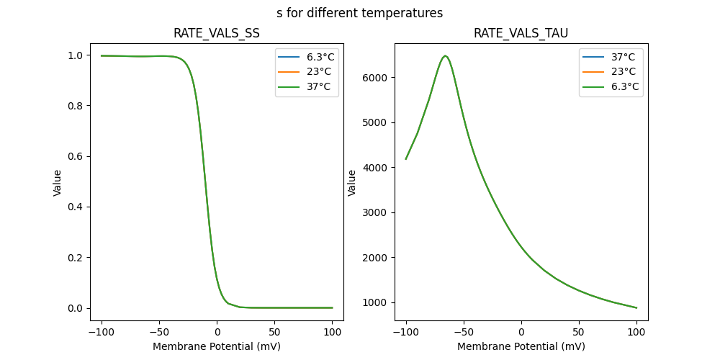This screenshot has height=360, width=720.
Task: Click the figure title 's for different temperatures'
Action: click(359, 13)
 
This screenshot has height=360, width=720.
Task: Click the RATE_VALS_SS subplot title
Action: click(216, 33)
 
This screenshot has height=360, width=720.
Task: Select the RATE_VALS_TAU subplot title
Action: click(521, 33)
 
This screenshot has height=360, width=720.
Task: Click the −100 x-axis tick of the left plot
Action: click(101, 333)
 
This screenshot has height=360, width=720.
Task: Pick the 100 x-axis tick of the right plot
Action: click(636, 333)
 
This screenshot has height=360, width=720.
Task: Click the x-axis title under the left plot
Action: click(216, 346)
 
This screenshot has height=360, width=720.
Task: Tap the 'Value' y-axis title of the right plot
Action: click(352, 182)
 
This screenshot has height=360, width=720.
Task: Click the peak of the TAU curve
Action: click(445, 55)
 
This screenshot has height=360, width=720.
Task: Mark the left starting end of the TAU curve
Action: click(406, 159)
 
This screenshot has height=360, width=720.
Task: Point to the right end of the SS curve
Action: click(332, 307)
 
